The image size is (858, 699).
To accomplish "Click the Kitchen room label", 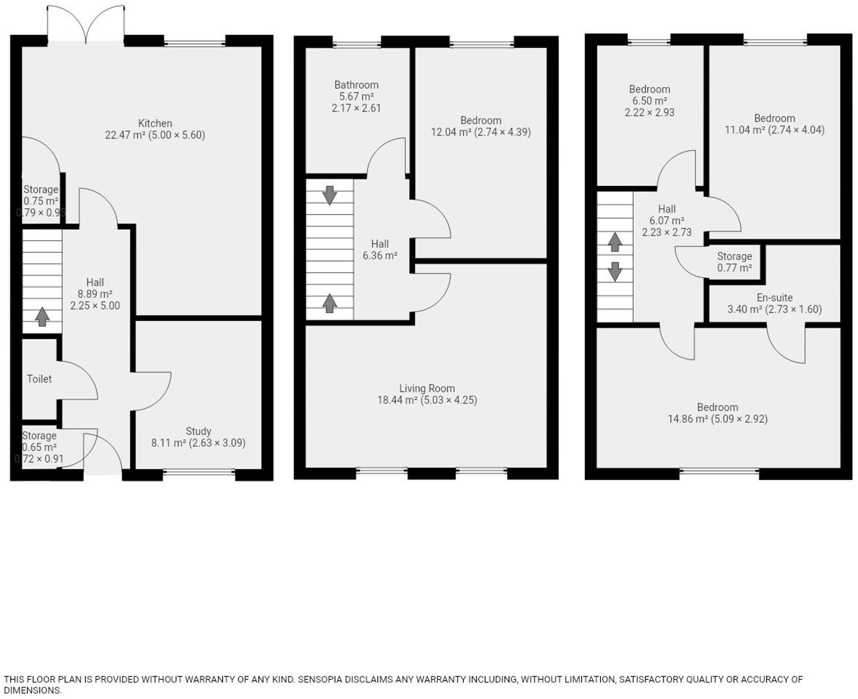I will pyautogui.click(x=155, y=124).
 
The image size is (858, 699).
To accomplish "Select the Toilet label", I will pyautogui.click(x=39, y=379).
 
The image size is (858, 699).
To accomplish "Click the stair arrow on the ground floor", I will pyautogui.click(x=42, y=317).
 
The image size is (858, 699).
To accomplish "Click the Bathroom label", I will pyautogui.click(x=356, y=85).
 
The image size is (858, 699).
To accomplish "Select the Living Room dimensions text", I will pyautogui.click(x=448, y=400).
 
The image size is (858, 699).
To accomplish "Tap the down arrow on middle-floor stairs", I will pyautogui.click(x=330, y=195).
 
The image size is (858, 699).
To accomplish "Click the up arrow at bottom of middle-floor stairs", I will pyautogui.click(x=330, y=303).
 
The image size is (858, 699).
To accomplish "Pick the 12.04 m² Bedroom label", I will pyautogui.click(x=481, y=121).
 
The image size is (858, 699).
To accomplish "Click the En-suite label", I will pyautogui.click(x=774, y=298).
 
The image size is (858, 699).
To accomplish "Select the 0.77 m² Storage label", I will pyautogui.click(x=734, y=262).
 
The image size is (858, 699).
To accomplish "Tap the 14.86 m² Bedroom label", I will pyautogui.click(x=717, y=408).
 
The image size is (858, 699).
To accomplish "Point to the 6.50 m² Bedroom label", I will pyautogui.click(x=649, y=89).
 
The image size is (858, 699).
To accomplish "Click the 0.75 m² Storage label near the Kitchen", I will pyautogui.click(x=41, y=190).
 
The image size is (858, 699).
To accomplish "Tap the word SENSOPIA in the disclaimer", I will pyautogui.click(x=320, y=679).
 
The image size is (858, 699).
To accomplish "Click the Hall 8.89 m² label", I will pyautogui.click(x=95, y=283).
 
